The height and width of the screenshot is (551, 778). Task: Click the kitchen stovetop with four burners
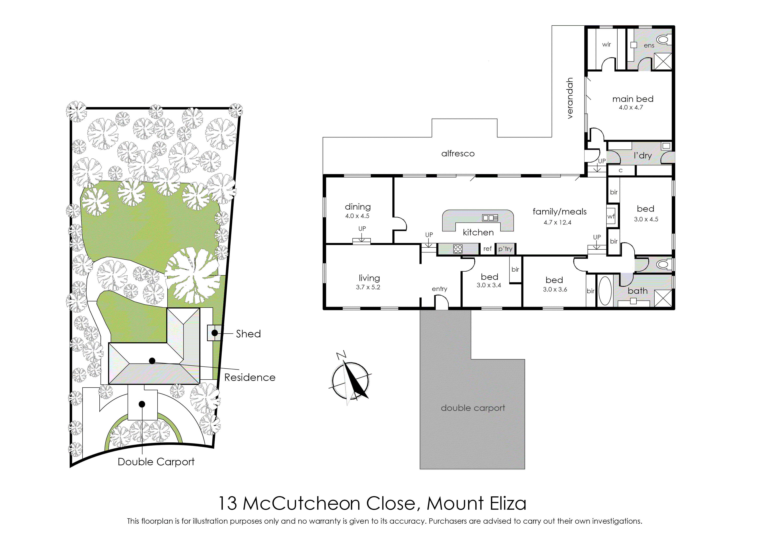(x=458, y=249)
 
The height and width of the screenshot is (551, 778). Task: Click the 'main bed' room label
(x=633, y=99)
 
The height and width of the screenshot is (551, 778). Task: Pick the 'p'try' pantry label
(x=505, y=249)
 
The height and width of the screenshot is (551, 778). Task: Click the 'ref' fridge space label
(x=488, y=249)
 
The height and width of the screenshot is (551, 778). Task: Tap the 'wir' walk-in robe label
(x=606, y=44)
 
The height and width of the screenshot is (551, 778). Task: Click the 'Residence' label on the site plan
(x=250, y=377)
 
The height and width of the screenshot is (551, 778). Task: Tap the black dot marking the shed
(x=215, y=333)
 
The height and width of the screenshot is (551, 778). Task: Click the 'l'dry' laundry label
(x=643, y=156)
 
